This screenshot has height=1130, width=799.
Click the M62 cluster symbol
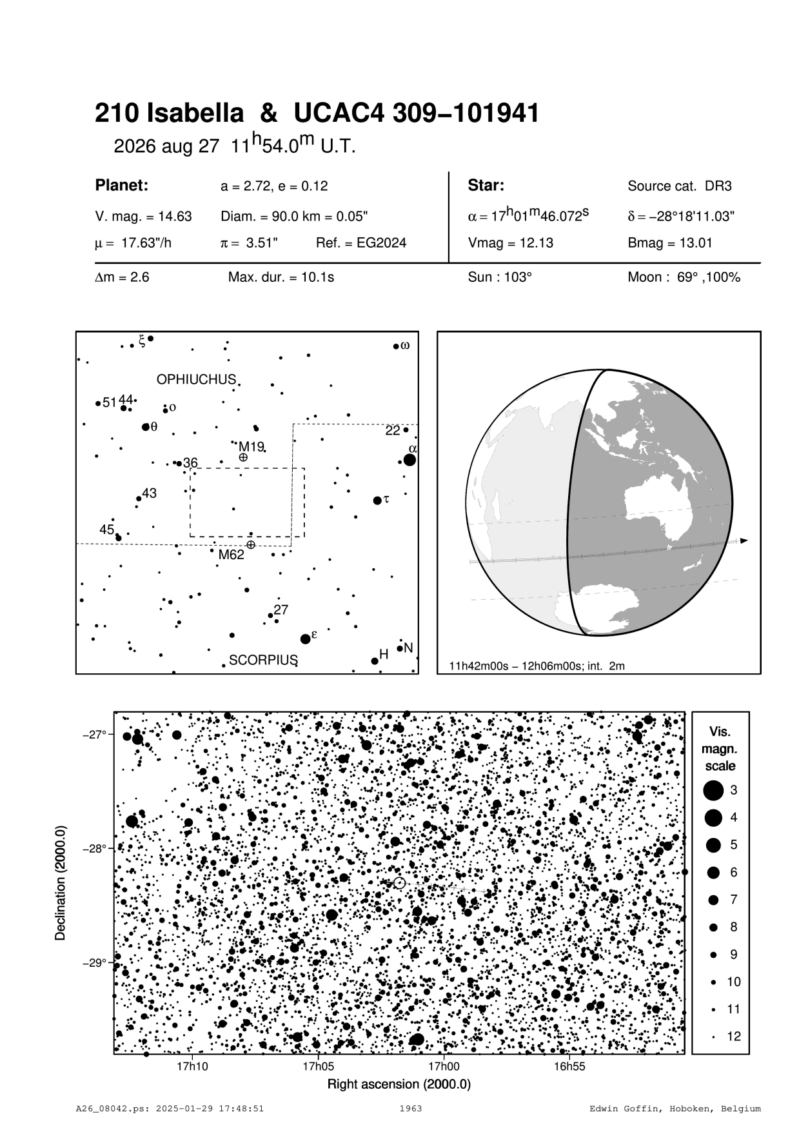click(251, 545)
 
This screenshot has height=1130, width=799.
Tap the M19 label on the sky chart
click(251, 446)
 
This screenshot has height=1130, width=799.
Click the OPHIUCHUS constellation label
click(197, 380)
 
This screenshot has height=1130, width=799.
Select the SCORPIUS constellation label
click(263, 660)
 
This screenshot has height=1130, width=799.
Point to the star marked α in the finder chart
click(409, 459)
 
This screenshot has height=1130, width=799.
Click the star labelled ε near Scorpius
click(306, 639)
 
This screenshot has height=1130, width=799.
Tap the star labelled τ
click(377, 501)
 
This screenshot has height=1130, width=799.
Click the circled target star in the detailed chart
click(399, 883)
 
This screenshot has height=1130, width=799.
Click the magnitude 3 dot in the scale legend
click(713, 789)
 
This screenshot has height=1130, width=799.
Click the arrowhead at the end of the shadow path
click(744, 540)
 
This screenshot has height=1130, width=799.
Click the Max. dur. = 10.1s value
click(281, 278)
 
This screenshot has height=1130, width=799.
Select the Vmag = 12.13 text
click(510, 243)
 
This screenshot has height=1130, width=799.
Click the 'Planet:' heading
click(122, 186)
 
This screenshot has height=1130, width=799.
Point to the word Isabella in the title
click(195, 114)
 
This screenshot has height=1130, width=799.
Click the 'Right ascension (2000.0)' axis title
click(399, 1084)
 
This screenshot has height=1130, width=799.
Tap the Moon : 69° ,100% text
click(684, 278)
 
